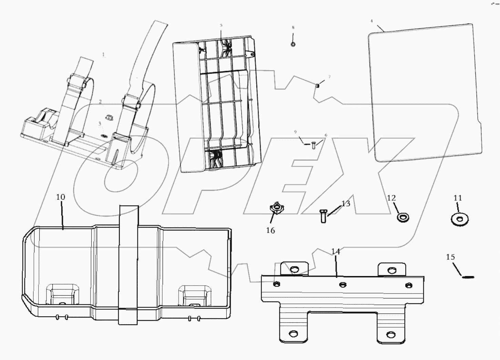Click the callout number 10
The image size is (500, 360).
(60, 197)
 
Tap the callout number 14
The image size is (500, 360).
(335, 252)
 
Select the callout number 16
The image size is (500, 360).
(270, 230)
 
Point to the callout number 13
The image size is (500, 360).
(345, 203)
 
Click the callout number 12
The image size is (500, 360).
(391, 198)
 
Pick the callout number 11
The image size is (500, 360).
(457, 198)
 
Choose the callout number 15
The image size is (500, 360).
(450, 257)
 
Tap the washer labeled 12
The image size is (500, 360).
(403, 217)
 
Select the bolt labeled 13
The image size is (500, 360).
(323, 216)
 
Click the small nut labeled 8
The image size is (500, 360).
(293, 44)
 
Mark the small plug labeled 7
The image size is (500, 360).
(317, 85)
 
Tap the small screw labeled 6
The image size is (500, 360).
(313, 146)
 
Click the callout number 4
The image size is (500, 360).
(372, 21)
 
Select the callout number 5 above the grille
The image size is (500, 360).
(221, 25)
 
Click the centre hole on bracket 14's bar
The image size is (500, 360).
(342, 284)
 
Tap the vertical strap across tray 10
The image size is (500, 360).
(128, 265)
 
